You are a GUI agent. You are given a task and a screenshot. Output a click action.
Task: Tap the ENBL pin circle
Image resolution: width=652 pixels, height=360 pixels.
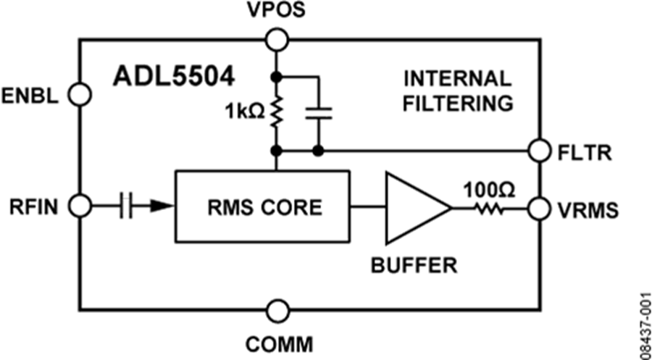(78, 94)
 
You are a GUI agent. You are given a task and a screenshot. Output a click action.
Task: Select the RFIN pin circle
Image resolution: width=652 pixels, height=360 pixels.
(79, 206)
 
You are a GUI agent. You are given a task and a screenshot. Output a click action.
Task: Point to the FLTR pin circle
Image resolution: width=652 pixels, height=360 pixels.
(539, 151)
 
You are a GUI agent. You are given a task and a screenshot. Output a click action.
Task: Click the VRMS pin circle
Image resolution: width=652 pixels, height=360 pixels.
(539, 209)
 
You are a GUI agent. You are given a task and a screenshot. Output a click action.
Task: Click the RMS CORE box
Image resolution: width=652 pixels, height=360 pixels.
(262, 207)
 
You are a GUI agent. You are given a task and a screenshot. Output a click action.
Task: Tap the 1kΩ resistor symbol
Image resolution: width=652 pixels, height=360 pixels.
(275, 112)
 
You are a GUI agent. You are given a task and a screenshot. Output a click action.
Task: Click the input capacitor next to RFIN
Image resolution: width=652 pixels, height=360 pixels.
(128, 206)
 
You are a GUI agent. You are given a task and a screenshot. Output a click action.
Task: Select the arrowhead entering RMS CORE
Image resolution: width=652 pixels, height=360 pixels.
(162, 206)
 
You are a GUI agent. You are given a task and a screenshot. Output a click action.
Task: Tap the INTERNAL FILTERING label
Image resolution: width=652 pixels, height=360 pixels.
(457, 91)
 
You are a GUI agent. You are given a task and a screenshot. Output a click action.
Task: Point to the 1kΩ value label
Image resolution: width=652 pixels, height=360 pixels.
(244, 113)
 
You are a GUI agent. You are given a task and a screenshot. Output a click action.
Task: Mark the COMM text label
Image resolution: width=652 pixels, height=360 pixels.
(275, 343)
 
